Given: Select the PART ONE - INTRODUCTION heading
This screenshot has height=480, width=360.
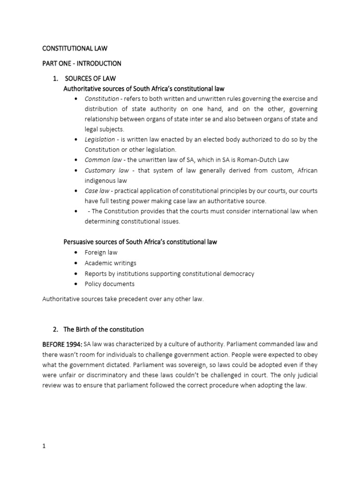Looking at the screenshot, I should pos(82,63).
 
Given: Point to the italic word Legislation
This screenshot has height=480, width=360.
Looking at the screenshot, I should pos(99,139).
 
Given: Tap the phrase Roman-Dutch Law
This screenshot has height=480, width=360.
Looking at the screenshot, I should pos(272,160).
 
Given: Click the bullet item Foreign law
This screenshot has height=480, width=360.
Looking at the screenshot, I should pos(101,252).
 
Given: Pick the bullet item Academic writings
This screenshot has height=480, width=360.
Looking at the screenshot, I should pos(110,263).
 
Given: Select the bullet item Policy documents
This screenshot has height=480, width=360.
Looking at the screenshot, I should pos(109,284).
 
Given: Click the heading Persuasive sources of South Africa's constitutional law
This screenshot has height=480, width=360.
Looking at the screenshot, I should pos(140,242).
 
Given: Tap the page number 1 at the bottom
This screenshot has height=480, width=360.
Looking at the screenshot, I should pos(44,446).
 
